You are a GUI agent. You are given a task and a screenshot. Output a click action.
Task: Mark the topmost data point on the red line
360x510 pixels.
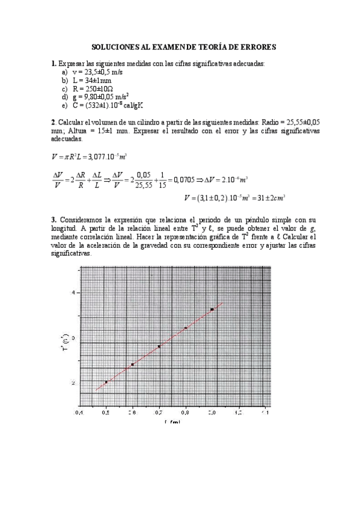point(212,309)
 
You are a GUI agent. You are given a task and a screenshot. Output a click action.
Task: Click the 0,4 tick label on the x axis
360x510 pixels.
point(79,414)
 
